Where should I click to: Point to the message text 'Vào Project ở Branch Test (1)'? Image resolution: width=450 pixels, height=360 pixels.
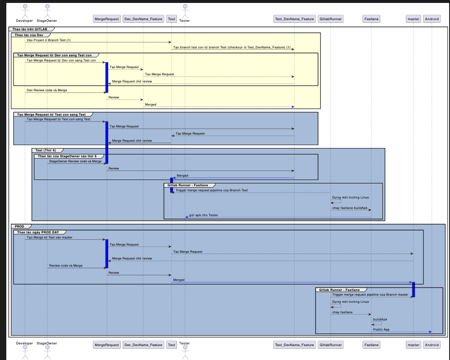click(x=48, y=40)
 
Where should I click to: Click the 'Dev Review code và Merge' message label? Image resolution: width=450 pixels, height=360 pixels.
click(x=47, y=90)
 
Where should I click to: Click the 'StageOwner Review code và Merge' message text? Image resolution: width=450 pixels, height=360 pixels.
click(x=75, y=161)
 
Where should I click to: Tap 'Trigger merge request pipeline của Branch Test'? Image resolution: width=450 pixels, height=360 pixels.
click(x=212, y=190)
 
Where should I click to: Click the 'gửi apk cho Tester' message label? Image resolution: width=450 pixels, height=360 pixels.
click(x=203, y=215)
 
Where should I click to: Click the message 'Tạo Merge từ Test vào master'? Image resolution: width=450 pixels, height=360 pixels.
click(x=49, y=237)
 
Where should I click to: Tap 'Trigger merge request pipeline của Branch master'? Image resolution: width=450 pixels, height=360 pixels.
click(x=370, y=295)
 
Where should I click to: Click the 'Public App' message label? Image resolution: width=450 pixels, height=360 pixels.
click(x=381, y=329)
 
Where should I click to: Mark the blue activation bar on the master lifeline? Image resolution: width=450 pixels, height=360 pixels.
click(x=413, y=289)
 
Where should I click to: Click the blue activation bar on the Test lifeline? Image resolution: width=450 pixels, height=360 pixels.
click(x=171, y=185)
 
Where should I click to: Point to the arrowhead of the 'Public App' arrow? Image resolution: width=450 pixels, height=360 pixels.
click(x=430, y=332)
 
